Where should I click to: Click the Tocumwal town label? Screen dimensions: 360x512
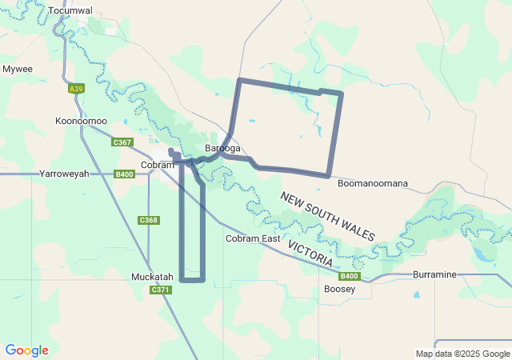70,10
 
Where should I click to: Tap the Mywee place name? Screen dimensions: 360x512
17,69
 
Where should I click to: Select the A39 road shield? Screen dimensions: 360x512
76,89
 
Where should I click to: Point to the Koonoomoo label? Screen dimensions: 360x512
81,121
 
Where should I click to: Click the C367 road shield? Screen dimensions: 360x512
122,142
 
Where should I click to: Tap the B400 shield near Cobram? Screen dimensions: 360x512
124,174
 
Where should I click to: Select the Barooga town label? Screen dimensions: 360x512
222,148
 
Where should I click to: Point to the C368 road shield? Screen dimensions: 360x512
149,220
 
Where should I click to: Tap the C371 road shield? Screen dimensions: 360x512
161,290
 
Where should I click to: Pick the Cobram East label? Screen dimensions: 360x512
253,238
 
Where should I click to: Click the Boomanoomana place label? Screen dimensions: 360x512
372,183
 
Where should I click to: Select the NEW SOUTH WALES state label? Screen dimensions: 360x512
327,216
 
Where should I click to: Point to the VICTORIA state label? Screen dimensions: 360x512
310,253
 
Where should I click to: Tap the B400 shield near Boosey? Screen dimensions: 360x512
349,277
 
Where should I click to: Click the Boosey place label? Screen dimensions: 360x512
339,289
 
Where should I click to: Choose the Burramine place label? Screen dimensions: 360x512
434,274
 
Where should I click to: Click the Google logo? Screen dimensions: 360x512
26,350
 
